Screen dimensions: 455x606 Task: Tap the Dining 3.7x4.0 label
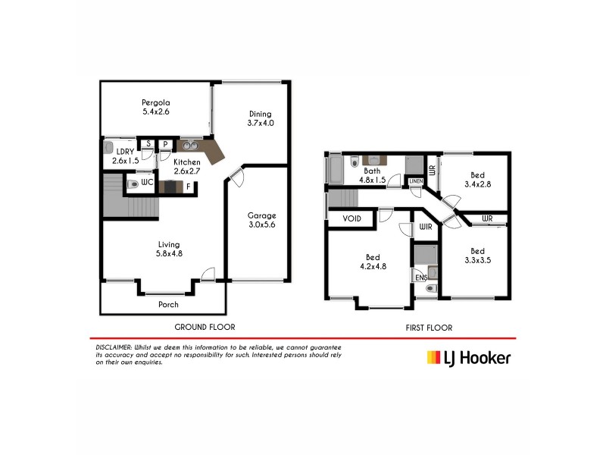click(x=260, y=118)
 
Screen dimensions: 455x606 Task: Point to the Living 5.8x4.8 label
click(x=168, y=249)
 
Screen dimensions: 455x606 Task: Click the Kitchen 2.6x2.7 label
click(x=186, y=167)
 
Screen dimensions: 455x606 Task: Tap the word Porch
click(x=168, y=305)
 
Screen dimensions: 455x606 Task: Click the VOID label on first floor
click(x=352, y=219)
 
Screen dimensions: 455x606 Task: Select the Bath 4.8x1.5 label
click(x=372, y=176)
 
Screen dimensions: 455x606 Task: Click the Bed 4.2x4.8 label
click(x=372, y=262)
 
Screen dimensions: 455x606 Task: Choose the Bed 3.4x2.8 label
click(x=476, y=179)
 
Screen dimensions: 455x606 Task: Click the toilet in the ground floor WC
click(x=133, y=184)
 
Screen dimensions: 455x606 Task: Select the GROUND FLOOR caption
click(x=205, y=327)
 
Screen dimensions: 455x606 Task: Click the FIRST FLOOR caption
click(x=428, y=328)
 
